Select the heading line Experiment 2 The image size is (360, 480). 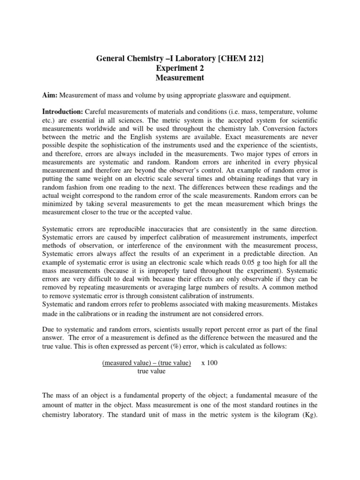pyautogui.click(x=180, y=68)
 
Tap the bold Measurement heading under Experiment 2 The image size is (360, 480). pyautogui.click(x=180, y=78)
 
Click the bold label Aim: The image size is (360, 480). pyautogui.click(x=49, y=96)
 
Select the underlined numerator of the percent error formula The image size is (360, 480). pyautogui.click(x=147, y=363)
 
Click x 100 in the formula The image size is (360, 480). pyautogui.click(x=210, y=363)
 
